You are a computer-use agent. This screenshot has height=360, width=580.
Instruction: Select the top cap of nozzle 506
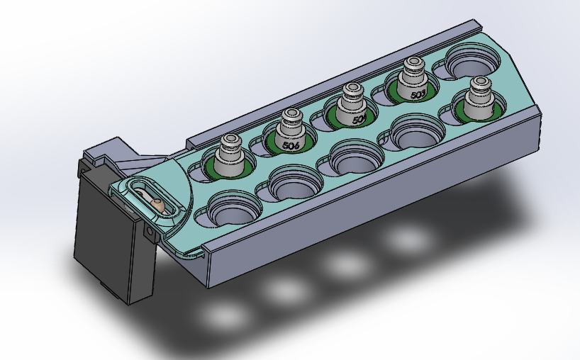[x=291, y=116]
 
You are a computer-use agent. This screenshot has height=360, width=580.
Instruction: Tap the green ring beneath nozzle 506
[x=269, y=147]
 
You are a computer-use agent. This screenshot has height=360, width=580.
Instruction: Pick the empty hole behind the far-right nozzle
[x=472, y=60]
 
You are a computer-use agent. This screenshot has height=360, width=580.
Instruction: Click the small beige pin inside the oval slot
[x=159, y=205]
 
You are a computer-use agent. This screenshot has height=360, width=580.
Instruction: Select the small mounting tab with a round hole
[x=150, y=232]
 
